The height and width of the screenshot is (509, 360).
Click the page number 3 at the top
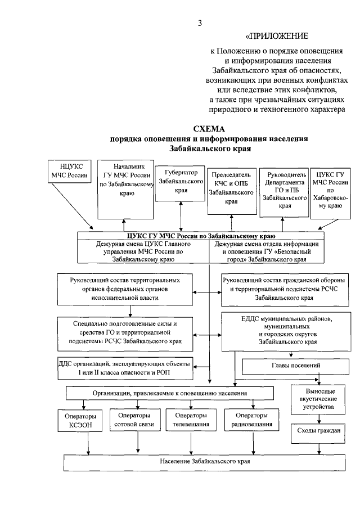click(200, 23)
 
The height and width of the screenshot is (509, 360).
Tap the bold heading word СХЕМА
click(208, 128)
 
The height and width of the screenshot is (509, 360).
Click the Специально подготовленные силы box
click(125, 332)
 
